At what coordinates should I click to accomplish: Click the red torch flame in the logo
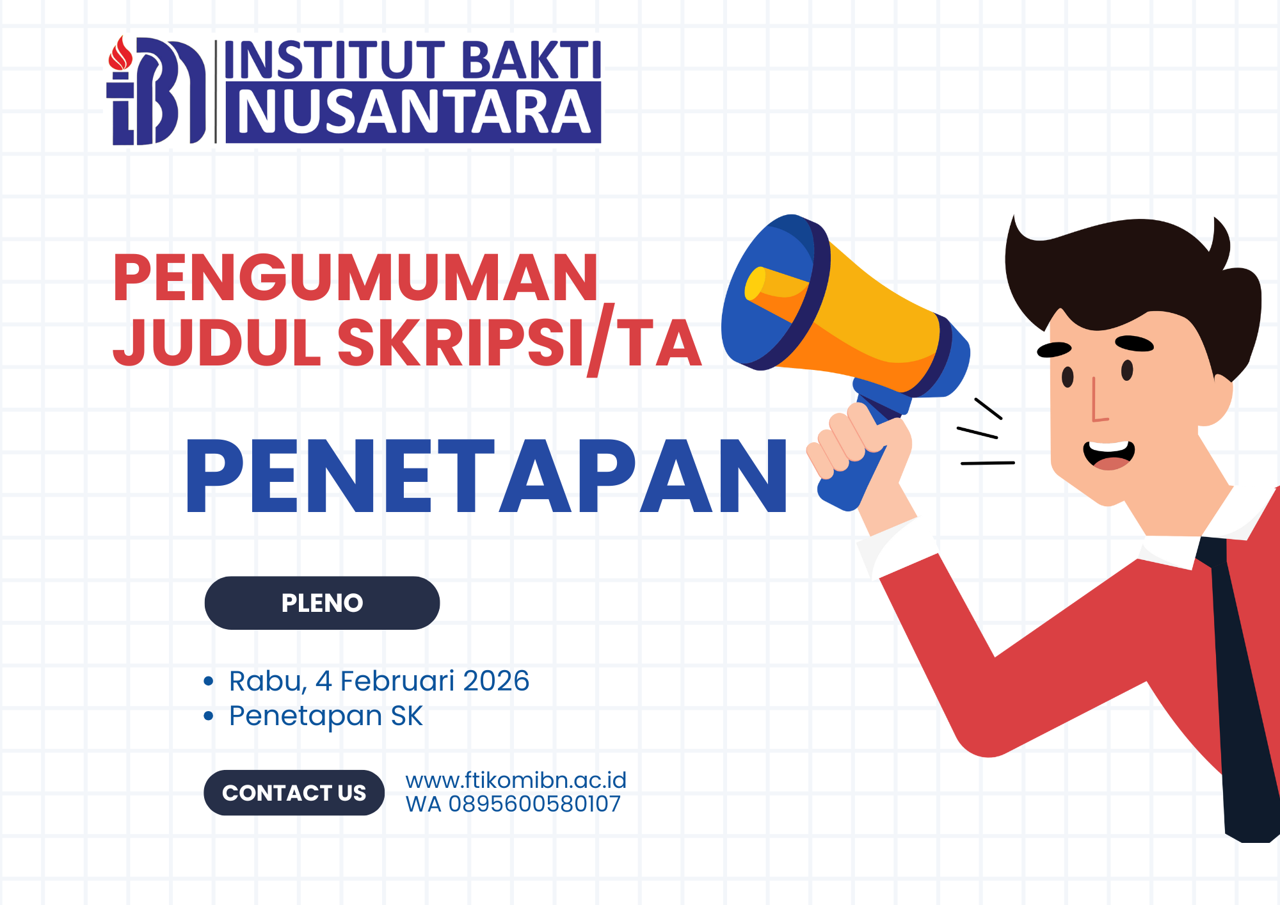point(120,53)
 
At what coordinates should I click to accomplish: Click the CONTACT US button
point(294,792)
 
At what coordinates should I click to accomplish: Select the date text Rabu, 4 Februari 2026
point(379,681)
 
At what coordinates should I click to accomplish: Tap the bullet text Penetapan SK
point(326,716)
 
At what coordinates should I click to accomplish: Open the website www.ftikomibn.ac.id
point(516,780)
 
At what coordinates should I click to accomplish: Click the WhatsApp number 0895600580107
point(534,804)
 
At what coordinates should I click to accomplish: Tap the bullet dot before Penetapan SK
point(208,716)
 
